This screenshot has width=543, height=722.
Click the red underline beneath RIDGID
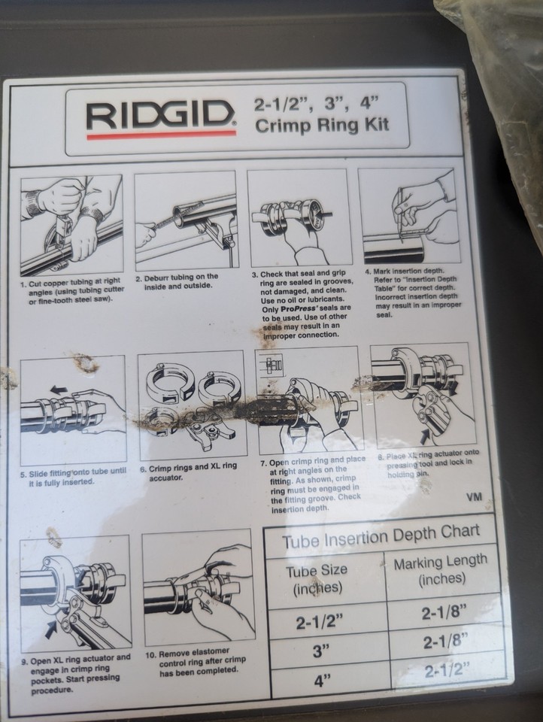coord(161,135)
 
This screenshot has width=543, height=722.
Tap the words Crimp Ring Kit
coord(323,125)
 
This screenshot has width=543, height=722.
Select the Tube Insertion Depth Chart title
coord(381,540)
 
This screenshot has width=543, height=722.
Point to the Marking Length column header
coord(441,571)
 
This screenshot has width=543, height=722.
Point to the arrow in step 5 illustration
coord(57,390)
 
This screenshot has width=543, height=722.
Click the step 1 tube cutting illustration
coord(71,224)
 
